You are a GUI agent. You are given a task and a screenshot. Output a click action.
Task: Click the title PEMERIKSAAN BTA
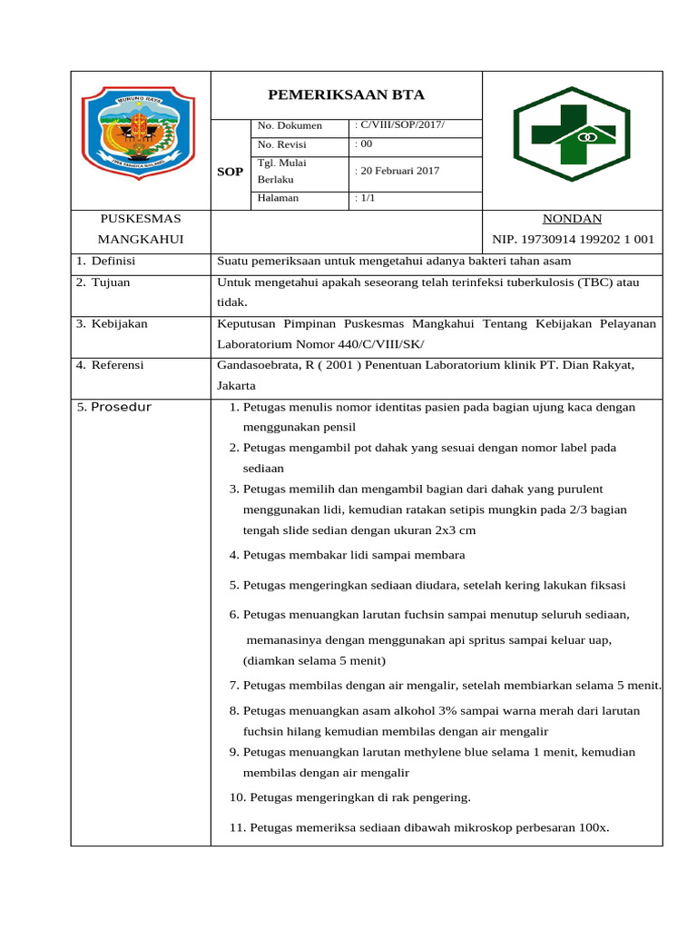coord(346,95)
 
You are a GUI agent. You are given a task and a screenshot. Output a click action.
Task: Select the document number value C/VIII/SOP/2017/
coord(400,124)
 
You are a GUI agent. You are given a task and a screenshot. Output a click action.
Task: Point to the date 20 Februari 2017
coord(396,171)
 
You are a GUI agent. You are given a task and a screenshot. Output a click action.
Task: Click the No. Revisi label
coord(282,145)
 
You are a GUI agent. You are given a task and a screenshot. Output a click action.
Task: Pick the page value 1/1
coord(365,198)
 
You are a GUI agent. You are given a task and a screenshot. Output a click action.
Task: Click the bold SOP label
coord(230,172)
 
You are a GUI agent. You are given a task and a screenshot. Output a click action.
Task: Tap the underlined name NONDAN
coord(571,219)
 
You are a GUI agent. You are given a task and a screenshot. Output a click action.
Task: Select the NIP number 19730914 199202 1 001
coord(573,240)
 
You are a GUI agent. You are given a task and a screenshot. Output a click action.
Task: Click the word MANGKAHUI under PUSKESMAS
coord(141,240)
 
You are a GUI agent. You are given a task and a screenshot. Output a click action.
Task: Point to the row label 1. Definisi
coord(105,261)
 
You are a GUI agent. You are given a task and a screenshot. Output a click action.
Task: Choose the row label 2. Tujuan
coord(103,282)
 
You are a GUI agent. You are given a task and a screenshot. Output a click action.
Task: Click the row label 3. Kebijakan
coord(112,324)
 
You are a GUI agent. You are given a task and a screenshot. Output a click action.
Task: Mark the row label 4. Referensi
coord(110,365)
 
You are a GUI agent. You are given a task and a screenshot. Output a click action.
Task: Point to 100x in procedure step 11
coord(592,828)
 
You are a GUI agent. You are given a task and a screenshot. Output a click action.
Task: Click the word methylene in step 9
coord(429,752)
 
